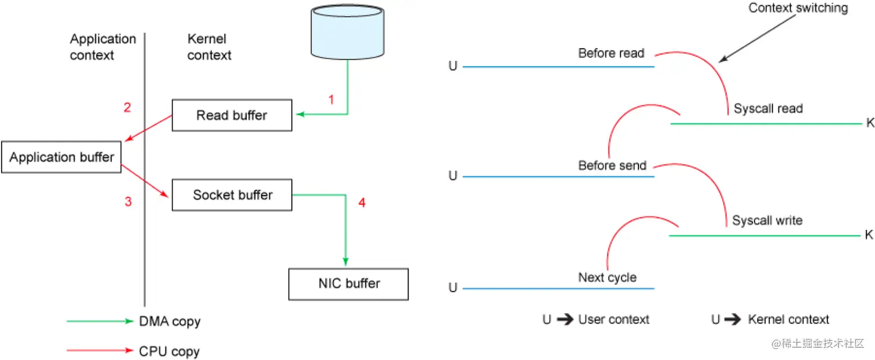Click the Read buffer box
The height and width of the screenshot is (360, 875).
click(232, 115)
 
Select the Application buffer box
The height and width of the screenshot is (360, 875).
click(61, 157)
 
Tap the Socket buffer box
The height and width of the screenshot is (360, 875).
click(232, 195)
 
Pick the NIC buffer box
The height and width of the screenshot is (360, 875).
click(348, 284)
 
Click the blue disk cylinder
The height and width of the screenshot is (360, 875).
click(347, 32)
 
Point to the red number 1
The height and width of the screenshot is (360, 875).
click(331, 100)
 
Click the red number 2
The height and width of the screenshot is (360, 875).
click(127, 107)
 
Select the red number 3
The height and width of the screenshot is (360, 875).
click(128, 201)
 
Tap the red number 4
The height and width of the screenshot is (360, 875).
click(362, 203)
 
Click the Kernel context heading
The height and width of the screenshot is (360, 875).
click(209, 47)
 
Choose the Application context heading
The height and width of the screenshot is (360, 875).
click(103, 47)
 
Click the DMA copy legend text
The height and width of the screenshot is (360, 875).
click(170, 321)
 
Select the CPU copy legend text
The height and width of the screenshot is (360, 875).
click(169, 351)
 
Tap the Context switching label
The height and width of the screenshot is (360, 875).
click(798, 8)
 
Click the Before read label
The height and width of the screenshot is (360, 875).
click(611, 53)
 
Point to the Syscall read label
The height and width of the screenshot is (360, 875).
click(769, 108)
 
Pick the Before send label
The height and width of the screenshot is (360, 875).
click(612, 166)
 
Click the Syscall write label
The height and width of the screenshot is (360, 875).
click(767, 221)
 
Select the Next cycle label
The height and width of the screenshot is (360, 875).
click(608, 278)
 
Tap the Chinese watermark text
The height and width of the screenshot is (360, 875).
click(818, 344)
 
